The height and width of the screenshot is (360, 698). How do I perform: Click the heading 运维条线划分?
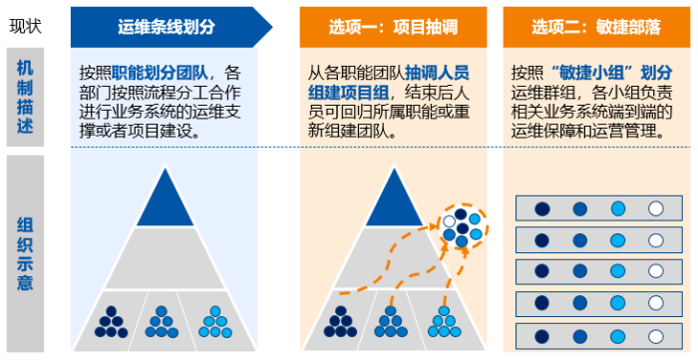167,27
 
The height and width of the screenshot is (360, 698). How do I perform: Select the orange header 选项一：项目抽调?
393,27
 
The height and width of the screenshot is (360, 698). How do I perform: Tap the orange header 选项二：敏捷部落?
596,27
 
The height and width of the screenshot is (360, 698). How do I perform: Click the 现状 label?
25,26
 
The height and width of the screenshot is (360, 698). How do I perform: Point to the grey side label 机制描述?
25,97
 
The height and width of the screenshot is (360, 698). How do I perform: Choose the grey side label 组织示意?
25,253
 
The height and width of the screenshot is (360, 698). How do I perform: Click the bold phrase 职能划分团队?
160,73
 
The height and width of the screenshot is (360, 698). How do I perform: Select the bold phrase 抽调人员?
437,73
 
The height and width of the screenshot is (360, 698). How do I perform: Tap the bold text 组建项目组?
348,93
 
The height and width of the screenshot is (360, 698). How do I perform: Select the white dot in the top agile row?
656,208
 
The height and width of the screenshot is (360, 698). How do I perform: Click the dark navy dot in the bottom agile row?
541,336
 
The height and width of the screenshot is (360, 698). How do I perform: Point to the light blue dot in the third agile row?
618,271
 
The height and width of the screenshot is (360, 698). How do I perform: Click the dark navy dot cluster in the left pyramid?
112,322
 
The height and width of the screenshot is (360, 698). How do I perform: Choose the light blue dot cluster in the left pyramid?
215,322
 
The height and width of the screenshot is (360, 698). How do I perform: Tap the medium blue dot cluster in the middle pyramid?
391,322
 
